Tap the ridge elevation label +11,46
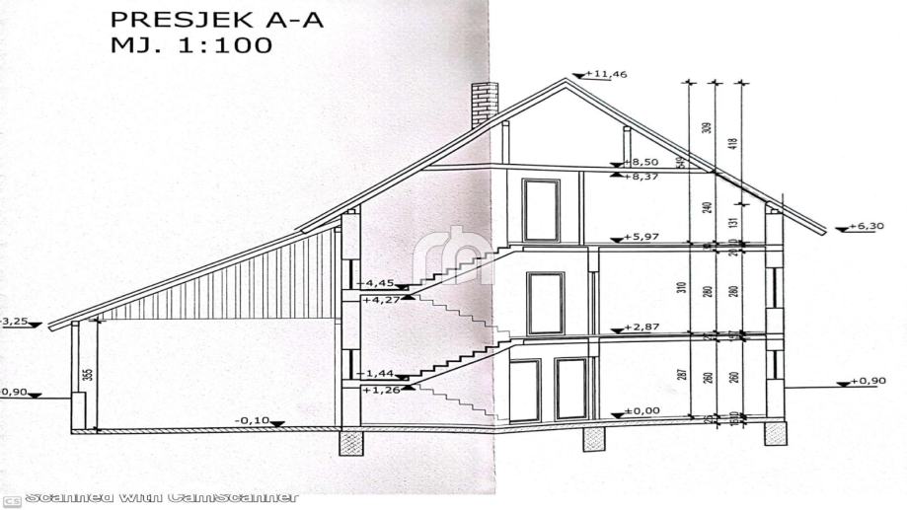607,74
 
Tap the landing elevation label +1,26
380,390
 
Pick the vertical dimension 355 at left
88,374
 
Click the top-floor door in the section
541,209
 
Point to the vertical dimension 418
733,140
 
